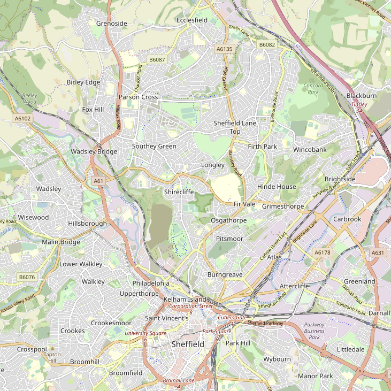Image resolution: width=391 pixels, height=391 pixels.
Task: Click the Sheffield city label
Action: click(x=187, y=344)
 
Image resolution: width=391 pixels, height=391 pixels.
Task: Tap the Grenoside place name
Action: click(x=112, y=24)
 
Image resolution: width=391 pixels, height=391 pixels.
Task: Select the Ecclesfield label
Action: click(x=192, y=20)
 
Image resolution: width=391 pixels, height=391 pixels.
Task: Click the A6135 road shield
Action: click(x=225, y=49)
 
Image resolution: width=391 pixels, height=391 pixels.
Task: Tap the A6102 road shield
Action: click(x=22, y=118)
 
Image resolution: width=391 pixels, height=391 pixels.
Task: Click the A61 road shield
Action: click(x=98, y=181)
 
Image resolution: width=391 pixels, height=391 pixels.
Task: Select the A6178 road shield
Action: click(x=323, y=252)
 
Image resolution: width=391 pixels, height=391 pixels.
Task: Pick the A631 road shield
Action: click(x=378, y=252)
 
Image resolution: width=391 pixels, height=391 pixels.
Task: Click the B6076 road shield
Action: click(x=27, y=277)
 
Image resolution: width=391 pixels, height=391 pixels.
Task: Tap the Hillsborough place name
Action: click(x=87, y=223)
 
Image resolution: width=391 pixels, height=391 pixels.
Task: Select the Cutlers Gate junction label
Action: click(x=233, y=317)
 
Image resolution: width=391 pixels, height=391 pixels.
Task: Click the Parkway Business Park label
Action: click(x=315, y=331)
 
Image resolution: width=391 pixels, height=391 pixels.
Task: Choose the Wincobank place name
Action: click(x=310, y=150)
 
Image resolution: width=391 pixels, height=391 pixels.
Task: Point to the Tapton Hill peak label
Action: click(x=52, y=357)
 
